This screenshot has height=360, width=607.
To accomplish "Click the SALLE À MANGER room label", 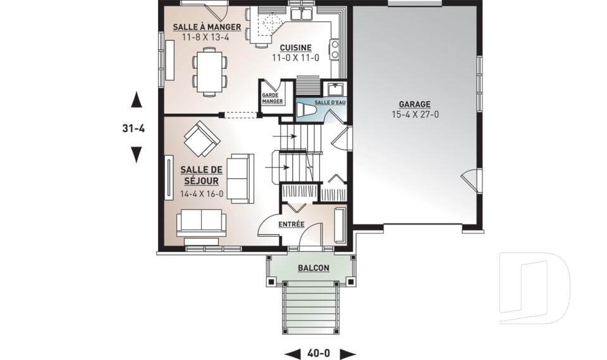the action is point(207,27).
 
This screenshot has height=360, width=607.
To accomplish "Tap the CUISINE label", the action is point(296,47).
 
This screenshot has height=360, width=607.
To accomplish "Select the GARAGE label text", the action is point(415,104).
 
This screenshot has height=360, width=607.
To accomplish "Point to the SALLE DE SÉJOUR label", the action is point(201,175).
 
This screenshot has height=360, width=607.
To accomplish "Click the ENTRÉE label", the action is point(291,225).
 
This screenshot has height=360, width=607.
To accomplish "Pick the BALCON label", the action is point(314,268).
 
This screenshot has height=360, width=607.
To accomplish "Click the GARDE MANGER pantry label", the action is point(272,99).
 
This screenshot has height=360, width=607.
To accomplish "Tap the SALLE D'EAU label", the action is point(330,102).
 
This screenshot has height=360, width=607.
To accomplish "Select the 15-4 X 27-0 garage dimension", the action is point(415,115).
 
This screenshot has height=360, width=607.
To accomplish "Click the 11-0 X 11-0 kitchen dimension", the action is point(295,58).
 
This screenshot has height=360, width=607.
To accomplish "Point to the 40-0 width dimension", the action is point(319,354).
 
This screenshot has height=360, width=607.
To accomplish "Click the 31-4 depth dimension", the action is point(133,128).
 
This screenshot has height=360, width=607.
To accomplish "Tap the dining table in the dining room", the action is point(209,71).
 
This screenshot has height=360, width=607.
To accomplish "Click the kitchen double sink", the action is point(302,14).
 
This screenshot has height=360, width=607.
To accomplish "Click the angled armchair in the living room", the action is point(202,139).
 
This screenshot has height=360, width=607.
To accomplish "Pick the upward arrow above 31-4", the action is point(136,99).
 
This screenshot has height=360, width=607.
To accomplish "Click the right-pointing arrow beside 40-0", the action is point(348,354).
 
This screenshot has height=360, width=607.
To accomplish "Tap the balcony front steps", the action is point(311,307).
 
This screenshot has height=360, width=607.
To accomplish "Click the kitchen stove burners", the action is point(334,50).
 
